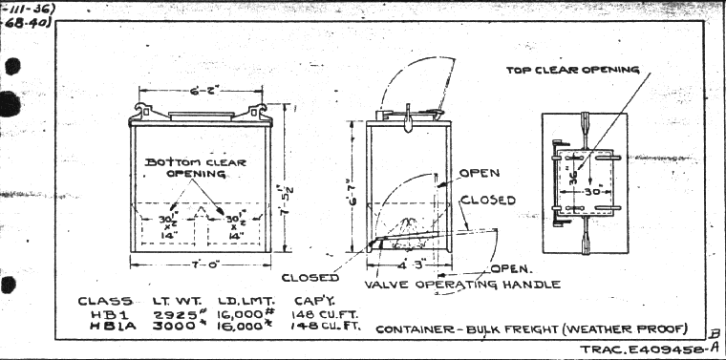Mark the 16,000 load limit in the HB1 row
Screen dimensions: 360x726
235,314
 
